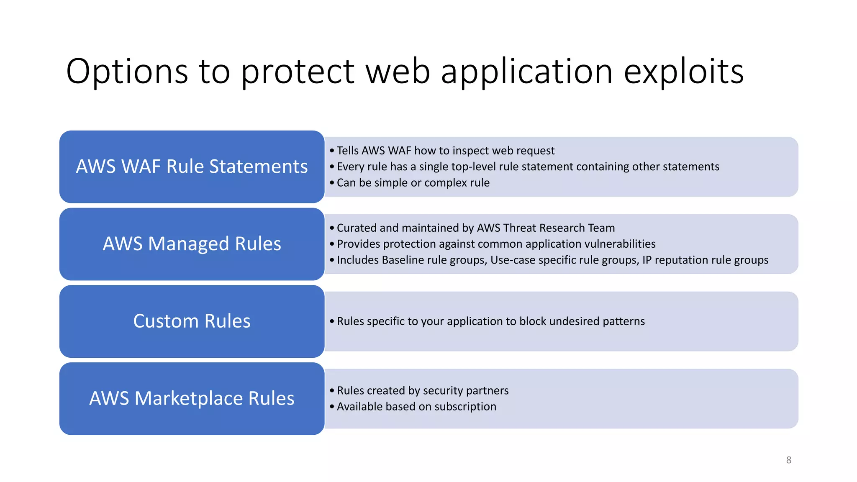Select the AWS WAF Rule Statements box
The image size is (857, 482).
point(192,167)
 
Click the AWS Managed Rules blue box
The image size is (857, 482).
point(192,244)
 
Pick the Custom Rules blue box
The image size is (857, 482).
point(192,321)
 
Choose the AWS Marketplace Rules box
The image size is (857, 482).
point(192,398)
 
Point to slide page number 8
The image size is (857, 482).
point(788,460)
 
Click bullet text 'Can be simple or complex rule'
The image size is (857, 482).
point(413,183)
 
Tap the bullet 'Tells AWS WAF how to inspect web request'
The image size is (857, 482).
point(445,151)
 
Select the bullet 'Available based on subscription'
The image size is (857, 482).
point(416,407)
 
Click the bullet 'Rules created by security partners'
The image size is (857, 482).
point(422,390)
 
